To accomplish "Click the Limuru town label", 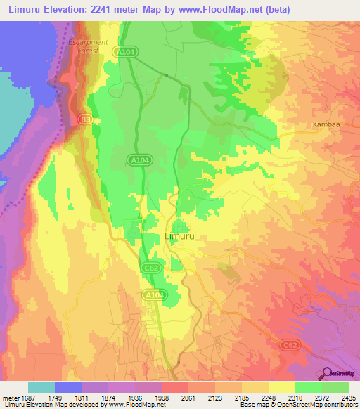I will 179,237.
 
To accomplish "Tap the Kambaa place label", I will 326,124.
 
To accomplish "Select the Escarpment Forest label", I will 88,46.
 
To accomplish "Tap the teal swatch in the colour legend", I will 41,387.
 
